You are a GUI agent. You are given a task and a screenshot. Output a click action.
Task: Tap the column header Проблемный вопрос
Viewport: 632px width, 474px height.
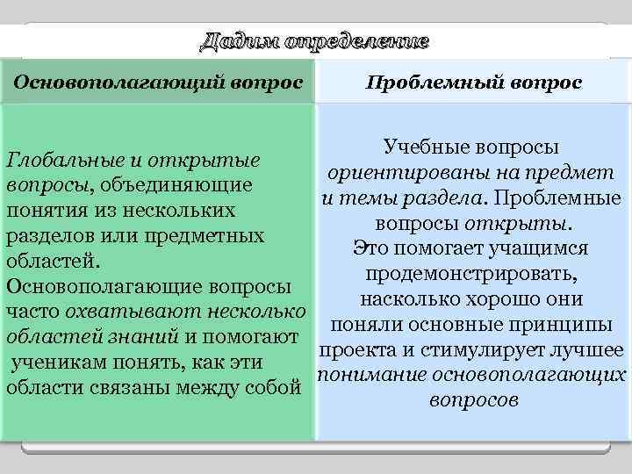(473, 82)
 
